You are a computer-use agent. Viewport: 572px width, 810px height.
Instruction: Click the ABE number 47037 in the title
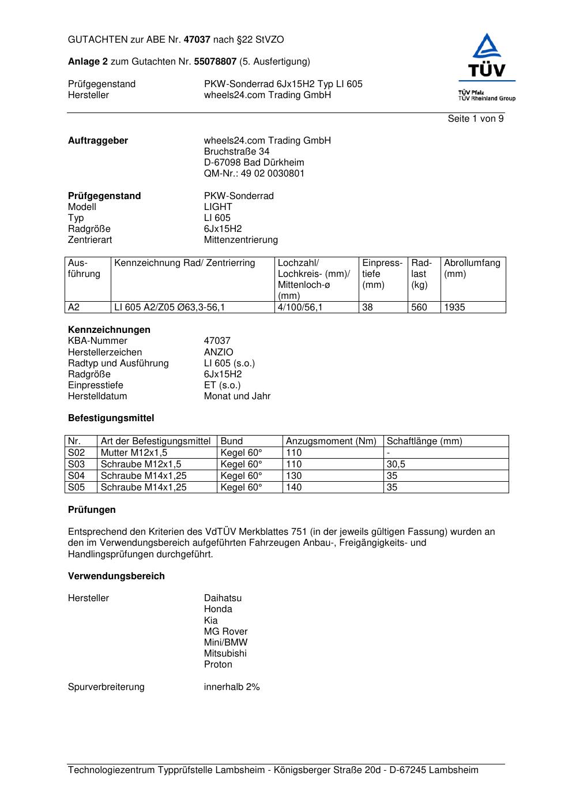tap(197, 40)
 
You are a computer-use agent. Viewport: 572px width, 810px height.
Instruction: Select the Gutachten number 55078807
tap(216, 62)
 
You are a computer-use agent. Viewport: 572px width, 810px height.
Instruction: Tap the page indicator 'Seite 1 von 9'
tap(476, 119)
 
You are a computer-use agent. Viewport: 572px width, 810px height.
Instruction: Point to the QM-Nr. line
tap(254, 174)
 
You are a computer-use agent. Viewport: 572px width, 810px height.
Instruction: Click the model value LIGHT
tap(218, 207)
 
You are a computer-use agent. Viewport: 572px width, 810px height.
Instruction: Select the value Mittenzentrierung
tap(240, 240)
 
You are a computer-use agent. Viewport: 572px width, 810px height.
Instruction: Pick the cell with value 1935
tap(454, 307)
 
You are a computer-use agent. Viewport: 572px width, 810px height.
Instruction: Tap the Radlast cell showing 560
tap(419, 307)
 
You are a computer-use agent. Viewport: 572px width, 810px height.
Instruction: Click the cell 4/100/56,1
tap(300, 307)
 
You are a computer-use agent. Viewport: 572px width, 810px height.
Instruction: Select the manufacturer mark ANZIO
tap(219, 352)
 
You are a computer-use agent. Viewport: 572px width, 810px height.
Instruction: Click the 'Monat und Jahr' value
tap(237, 396)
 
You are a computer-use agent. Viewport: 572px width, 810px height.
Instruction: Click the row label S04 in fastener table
tap(77, 476)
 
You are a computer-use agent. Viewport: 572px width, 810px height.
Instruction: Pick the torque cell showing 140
tap(294, 487)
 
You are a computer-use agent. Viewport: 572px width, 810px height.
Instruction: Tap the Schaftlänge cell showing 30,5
tap(396, 464)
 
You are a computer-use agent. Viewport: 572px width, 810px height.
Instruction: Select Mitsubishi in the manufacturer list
tap(225, 654)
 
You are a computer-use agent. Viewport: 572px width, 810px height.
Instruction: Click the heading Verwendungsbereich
tap(116, 576)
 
